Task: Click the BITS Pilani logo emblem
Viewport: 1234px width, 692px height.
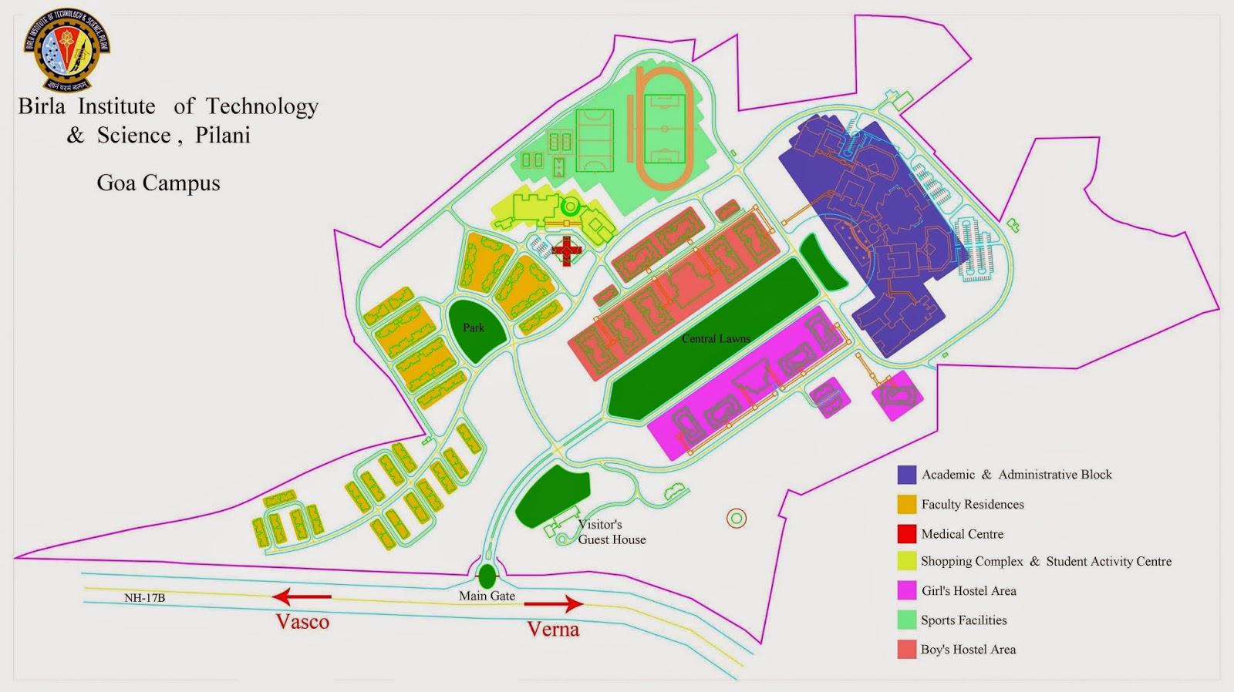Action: point(68,49)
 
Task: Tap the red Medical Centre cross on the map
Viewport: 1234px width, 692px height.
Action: point(566,250)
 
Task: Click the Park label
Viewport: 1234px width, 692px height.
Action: point(474,328)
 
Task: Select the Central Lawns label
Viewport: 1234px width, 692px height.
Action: point(716,338)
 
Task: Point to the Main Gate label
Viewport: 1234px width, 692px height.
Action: point(487,596)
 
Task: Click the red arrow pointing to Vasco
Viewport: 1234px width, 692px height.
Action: point(302,596)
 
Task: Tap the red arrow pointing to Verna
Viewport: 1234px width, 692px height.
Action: point(554,604)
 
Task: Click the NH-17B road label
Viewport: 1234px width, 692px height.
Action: point(145,598)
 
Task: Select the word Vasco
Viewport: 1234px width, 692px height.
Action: point(302,622)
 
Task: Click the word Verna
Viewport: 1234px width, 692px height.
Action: point(553,630)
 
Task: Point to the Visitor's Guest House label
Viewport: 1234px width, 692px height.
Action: point(611,532)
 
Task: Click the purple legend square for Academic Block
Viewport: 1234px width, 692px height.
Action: point(906,475)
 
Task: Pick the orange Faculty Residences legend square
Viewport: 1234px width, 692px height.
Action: point(906,504)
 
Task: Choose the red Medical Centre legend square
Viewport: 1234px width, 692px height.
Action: point(906,533)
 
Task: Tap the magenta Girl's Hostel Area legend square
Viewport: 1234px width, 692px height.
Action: point(906,590)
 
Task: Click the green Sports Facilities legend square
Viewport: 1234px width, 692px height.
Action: point(906,620)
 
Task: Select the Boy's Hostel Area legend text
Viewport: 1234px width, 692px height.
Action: point(968,650)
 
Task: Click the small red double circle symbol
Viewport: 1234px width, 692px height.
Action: point(737,519)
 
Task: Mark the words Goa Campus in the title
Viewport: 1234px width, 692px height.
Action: point(158,183)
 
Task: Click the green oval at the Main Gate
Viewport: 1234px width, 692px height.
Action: point(487,576)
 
